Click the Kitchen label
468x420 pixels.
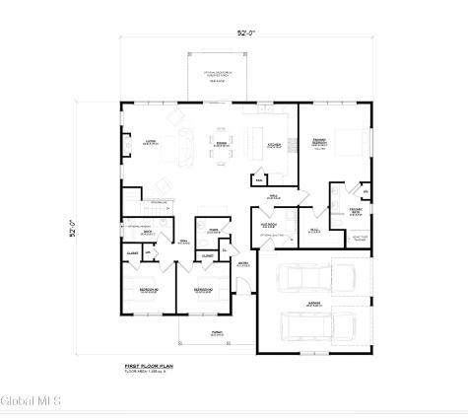(x=273, y=146)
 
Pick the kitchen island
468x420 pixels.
(x=260, y=135)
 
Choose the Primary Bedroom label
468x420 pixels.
(x=319, y=145)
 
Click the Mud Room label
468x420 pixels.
(x=269, y=223)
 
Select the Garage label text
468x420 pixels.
(x=314, y=306)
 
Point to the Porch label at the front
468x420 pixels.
(x=215, y=334)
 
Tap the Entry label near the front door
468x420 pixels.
(x=242, y=264)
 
